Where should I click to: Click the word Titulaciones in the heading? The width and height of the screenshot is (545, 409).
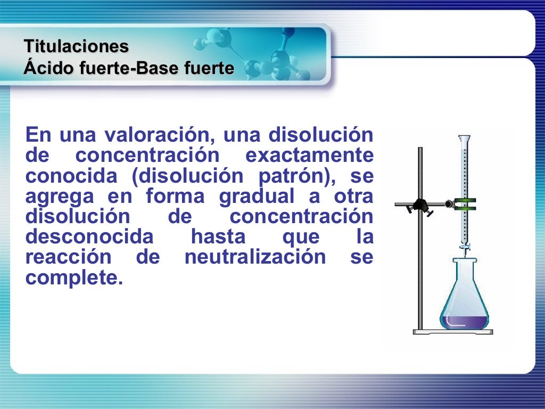pyautogui.click(x=76, y=46)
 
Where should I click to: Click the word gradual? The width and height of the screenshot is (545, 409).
pyautogui.click(x=256, y=197)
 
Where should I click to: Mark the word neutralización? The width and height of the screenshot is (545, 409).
pyautogui.click(x=255, y=257)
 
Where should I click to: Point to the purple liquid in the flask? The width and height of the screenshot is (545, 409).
pyautogui.click(x=464, y=321)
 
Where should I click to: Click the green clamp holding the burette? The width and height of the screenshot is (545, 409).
pyautogui.click(x=465, y=204)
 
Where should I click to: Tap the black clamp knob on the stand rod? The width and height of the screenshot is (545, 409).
pyautogui.click(x=421, y=204)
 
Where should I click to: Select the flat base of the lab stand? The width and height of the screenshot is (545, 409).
pyautogui.click(x=452, y=332)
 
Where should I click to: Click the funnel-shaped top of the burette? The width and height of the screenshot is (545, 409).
pyautogui.click(x=465, y=141)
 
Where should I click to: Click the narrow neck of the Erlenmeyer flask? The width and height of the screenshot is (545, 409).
pyautogui.click(x=465, y=266)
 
